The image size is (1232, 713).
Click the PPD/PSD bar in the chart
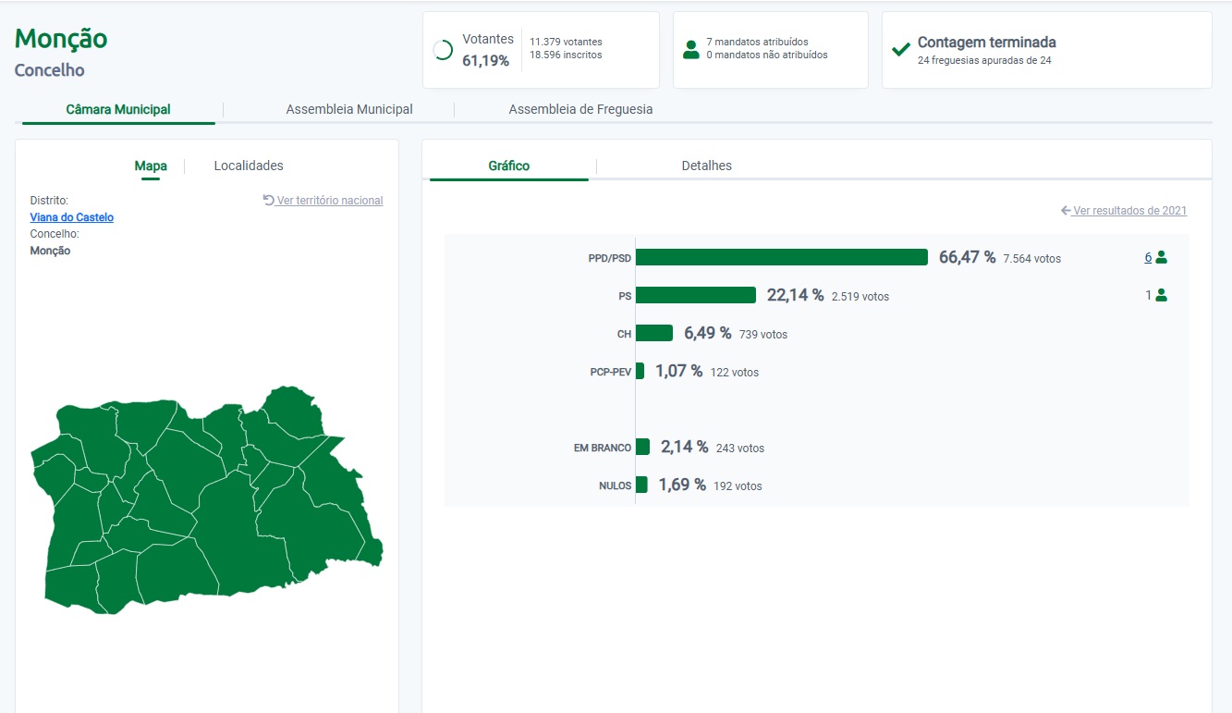(x=782, y=257)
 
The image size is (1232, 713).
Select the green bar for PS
(x=696, y=295)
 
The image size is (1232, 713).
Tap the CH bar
(x=654, y=333)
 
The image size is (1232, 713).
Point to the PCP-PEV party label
(x=611, y=372)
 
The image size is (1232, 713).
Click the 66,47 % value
(x=967, y=257)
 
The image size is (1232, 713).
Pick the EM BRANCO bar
(x=642, y=447)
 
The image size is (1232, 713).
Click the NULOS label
(x=615, y=486)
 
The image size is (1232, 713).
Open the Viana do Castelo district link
(x=71, y=217)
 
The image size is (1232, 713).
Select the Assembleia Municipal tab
(x=349, y=109)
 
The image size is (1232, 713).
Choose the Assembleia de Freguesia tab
(x=580, y=109)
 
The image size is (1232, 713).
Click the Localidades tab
(x=249, y=166)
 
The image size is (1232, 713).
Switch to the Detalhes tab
(x=707, y=166)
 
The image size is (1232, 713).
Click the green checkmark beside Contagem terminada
(x=901, y=50)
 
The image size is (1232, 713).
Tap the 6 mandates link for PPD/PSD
(x=1148, y=257)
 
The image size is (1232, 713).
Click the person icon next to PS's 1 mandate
(x=1162, y=295)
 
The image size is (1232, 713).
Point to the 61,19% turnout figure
(x=485, y=60)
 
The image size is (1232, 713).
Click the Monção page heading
(x=60, y=39)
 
